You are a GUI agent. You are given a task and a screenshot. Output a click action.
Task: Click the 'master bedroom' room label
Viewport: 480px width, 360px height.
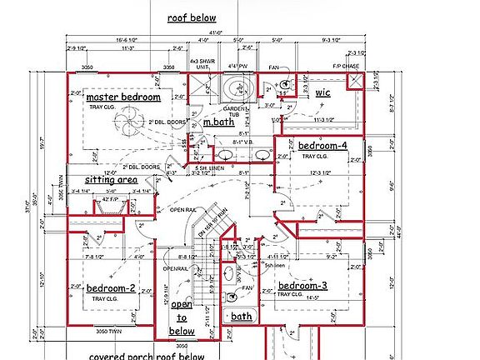123,97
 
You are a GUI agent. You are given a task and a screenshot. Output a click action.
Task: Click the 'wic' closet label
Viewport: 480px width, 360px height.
322,92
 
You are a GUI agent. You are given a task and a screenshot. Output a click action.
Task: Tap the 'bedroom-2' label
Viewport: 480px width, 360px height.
111,288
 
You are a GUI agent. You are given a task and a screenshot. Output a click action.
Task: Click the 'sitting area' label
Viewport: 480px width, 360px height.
110,179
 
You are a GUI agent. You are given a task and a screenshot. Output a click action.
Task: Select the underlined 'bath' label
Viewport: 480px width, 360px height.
242,317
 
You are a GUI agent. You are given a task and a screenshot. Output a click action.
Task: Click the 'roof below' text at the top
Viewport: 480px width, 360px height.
191,17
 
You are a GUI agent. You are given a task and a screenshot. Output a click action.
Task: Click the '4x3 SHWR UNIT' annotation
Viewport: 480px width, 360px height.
198,64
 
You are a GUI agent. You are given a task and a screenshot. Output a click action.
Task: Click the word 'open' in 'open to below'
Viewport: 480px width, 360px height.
182,305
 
